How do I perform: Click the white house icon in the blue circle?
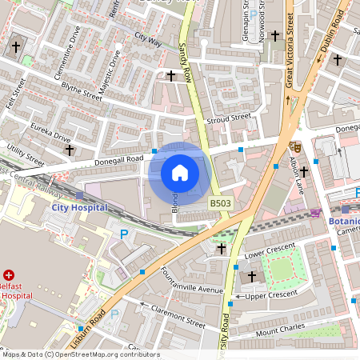coord(179,173)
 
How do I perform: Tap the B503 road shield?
coord(221,205)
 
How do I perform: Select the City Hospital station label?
coord(79,206)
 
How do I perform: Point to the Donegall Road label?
coord(122,158)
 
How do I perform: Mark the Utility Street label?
coord(26,154)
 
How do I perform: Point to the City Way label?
coord(148,38)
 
